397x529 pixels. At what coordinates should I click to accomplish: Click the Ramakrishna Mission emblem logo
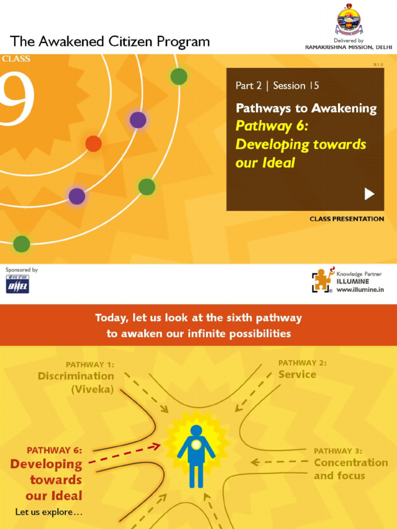point(349,20)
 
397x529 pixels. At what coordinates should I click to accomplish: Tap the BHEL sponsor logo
point(18,284)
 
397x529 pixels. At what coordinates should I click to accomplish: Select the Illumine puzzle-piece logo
point(322,281)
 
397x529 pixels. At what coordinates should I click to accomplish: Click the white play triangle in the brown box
point(369,194)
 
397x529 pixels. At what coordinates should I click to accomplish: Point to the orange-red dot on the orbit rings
point(93,143)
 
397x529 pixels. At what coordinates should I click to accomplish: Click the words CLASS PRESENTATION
point(346,219)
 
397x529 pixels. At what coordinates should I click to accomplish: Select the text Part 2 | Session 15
point(277,86)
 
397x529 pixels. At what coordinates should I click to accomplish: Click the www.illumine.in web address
point(360,290)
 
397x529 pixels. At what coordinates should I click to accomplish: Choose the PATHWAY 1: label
point(90,364)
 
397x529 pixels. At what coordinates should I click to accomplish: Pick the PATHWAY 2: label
point(302,363)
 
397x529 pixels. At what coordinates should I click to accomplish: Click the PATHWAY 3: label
point(338,451)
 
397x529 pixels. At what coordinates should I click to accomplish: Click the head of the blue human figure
point(196,430)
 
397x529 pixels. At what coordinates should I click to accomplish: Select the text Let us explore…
point(49,512)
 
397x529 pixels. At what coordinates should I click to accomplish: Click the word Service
point(297,375)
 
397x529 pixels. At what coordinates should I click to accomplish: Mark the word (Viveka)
point(93,390)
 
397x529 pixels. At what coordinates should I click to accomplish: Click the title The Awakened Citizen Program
point(110,41)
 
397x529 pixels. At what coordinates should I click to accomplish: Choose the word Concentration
point(351,463)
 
